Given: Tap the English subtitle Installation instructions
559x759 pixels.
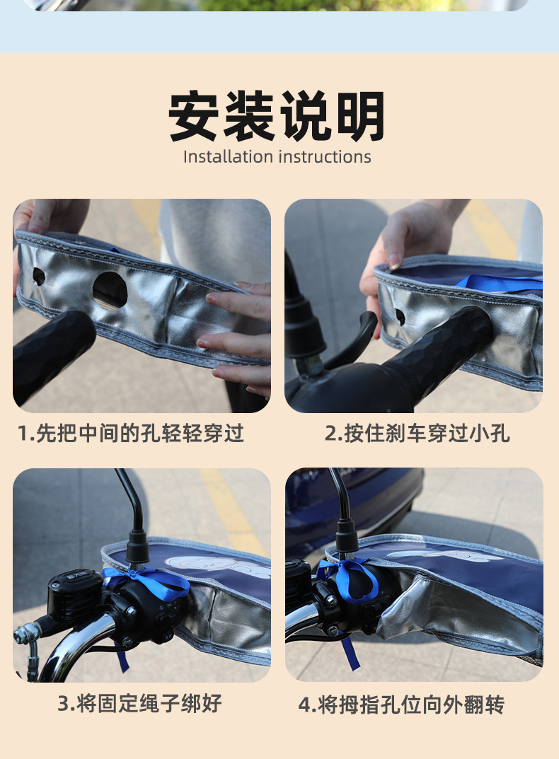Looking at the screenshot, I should point(277,156).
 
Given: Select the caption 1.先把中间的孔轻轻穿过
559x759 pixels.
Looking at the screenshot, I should point(131,433).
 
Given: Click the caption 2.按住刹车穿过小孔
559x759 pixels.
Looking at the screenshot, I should point(417,433).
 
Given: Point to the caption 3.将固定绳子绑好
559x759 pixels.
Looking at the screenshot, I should point(139,703).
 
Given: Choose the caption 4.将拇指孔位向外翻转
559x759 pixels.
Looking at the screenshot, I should point(401,705).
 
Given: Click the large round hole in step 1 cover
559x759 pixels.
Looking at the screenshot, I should point(110,289).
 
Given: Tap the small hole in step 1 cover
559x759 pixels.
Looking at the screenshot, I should point(38,277).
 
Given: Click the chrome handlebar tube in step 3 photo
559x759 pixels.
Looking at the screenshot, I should point(78,640).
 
